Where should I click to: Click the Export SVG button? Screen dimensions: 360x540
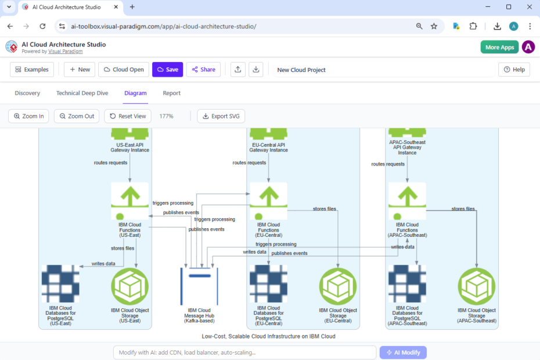pyautogui.click(x=221, y=116)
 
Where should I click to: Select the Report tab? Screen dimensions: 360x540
pyautogui.click(x=171, y=93)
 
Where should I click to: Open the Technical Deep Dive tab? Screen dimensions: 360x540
pyautogui.click(x=82, y=93)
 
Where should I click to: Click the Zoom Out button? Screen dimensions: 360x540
pyautogui.click(x=77, y=116)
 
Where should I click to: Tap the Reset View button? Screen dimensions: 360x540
pyautogui.click(x=128, y=116)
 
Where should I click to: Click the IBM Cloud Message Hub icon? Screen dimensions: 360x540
pyautogui.click(x=199, y=286)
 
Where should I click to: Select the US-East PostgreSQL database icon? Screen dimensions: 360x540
pyautogui.click(x=60, y=284)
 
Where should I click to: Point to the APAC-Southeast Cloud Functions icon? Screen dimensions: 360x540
pyautogui.click(x=407, y=201)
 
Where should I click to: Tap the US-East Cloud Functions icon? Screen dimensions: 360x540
pyautogui.click(x=129, y=201)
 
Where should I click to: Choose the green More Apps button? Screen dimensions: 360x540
pyautogui.click(x=499, y=47)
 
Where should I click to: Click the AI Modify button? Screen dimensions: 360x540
pyautogui.click(x=403, y=352)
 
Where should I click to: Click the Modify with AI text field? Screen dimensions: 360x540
pyautogui.click(x=244, y=352)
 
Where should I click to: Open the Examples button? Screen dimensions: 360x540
pyautogui.click(x=32, y=70)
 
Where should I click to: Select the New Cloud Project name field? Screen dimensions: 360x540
pyautogui.click(x=383, y=70)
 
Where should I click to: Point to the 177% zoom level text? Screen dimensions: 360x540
pyautogui.click(x=167, y=116)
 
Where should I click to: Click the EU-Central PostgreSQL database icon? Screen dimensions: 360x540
pyautogui.click(x=269, y=284)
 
